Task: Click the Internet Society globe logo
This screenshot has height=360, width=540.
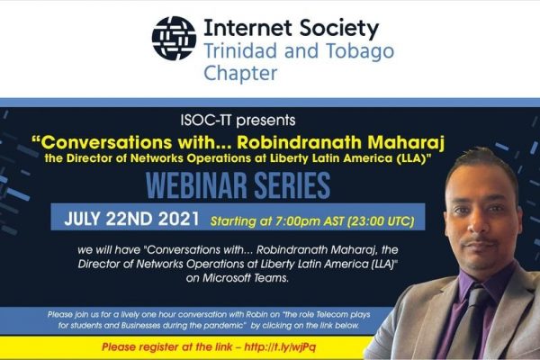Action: pyautogui.click(x=174, y=38)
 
